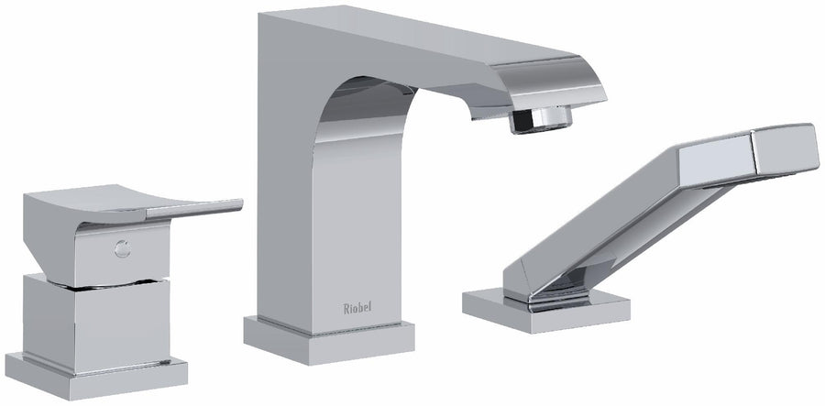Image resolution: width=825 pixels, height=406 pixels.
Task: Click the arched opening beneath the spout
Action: pyautogui.click(x=385, y=128)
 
